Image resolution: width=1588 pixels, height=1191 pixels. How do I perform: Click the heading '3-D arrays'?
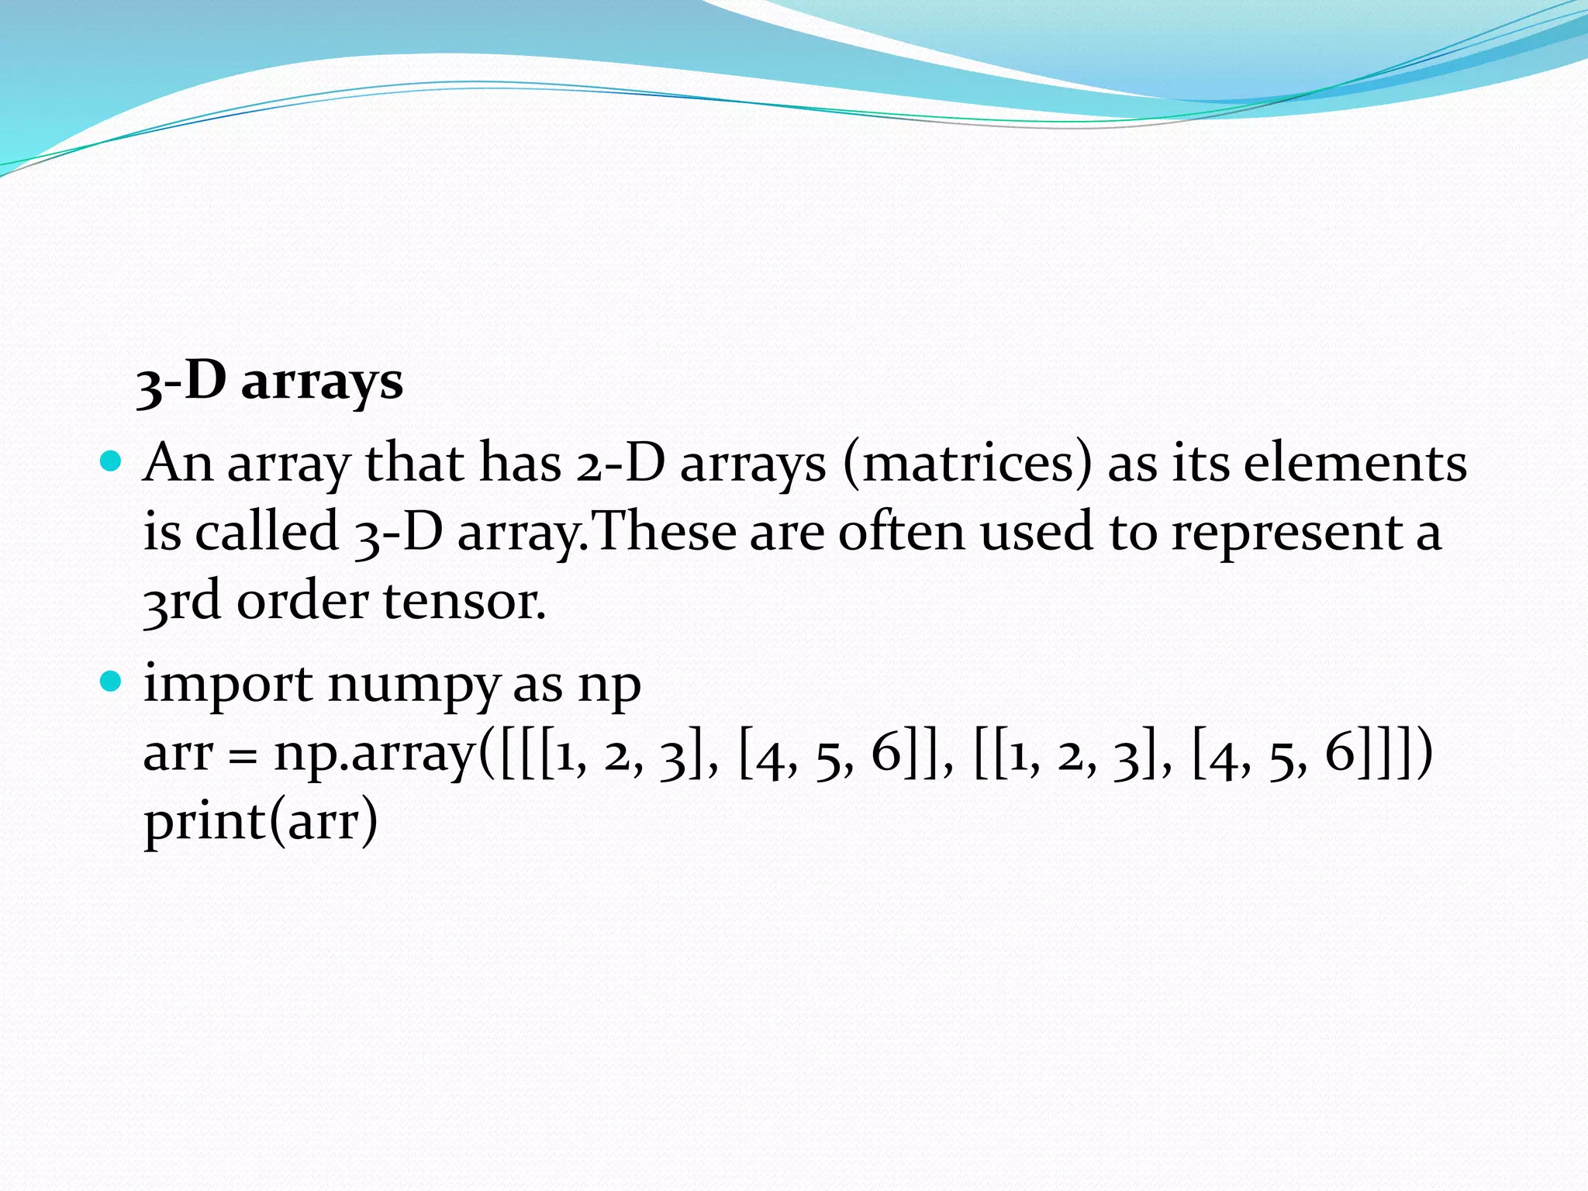pos(269,381)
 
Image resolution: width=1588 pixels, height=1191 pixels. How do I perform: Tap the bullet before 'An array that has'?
pos(112,462)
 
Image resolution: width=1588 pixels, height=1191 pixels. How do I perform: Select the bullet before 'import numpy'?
pos(112,682)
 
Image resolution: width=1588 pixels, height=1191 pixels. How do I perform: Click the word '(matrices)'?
pos(967,464)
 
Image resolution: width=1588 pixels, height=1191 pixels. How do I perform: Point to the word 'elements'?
pos(1355,464)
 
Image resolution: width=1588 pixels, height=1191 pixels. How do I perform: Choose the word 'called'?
pos(266,532)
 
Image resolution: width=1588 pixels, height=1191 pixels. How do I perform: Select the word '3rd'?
pos(182,602)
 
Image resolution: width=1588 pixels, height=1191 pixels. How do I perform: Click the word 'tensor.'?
pos(464,602)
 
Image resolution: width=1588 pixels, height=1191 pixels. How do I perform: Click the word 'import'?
pos(229,685)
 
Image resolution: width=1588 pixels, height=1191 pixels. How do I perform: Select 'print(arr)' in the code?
pos(261,822)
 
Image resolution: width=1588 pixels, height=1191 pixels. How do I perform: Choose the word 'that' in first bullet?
pos(414,464)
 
